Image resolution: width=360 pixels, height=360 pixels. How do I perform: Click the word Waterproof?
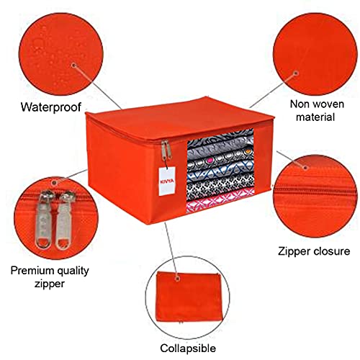51,107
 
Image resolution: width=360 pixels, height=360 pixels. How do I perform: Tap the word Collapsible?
188,348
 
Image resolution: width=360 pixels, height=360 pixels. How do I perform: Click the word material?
315,117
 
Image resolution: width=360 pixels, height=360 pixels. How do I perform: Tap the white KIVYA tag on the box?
167,181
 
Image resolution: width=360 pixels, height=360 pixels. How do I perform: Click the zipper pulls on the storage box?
166,150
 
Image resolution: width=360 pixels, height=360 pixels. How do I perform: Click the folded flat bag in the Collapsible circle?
189,297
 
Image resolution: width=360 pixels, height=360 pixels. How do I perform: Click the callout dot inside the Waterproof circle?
73,65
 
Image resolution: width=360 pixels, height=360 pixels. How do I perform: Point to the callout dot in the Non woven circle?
297,73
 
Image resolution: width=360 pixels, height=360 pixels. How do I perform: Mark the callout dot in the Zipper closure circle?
305,167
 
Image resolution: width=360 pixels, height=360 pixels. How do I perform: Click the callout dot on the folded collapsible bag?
178,279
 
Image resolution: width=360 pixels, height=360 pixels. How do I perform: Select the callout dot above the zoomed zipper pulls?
55,183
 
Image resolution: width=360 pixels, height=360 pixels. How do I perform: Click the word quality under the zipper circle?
71,271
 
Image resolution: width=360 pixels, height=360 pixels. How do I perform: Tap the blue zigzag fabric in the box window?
221,171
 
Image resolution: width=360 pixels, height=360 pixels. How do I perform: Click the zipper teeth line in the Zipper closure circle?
315,191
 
